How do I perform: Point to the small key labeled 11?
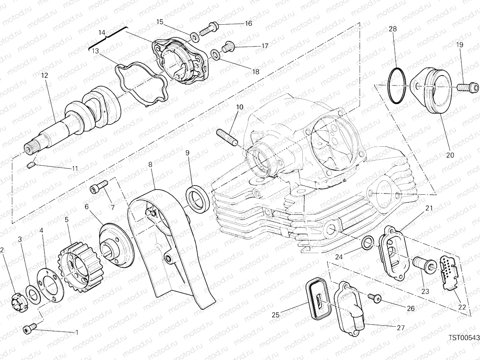[x=31, y=165]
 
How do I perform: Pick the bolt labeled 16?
[x=209, y=28]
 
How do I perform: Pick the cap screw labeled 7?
[x=99, y=185]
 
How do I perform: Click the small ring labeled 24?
[x=368, y=242]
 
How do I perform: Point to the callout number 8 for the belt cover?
[x=151, y=164]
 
